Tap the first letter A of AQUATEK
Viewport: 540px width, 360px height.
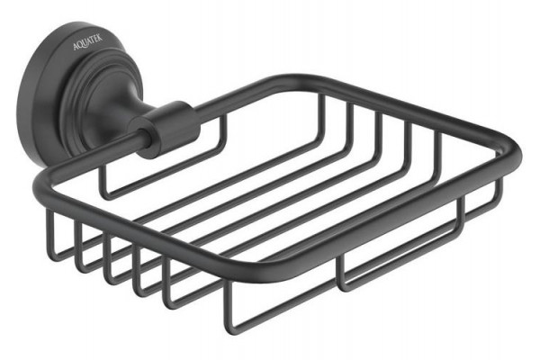pos(76,47)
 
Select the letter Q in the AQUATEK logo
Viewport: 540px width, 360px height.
pos(79,45)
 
